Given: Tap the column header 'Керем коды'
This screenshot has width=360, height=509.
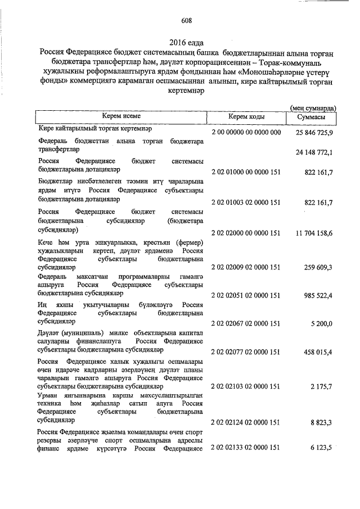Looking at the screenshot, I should (245, 117).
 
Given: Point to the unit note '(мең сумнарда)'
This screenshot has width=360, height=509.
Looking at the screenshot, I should (313, 107).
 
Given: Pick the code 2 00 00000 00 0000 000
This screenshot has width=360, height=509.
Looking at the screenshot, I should (246, 132).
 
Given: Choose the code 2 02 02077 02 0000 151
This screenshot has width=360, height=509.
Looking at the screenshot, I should (246, 352).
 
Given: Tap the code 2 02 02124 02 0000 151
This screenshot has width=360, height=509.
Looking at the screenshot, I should (246, 422).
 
